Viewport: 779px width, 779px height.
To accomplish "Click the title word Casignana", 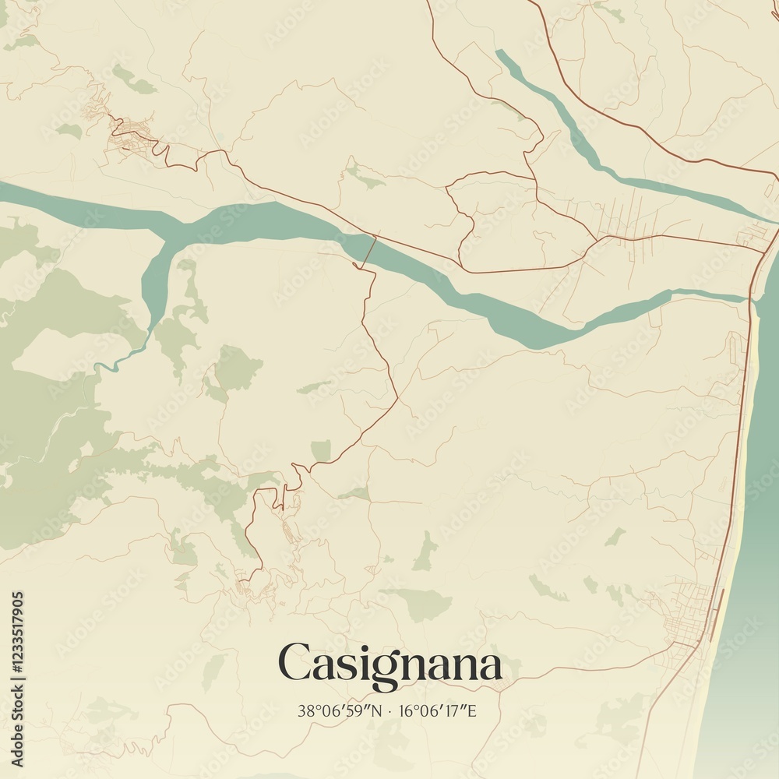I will tap(389, 664).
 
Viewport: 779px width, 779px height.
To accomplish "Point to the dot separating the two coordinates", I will tap(390, 710).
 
